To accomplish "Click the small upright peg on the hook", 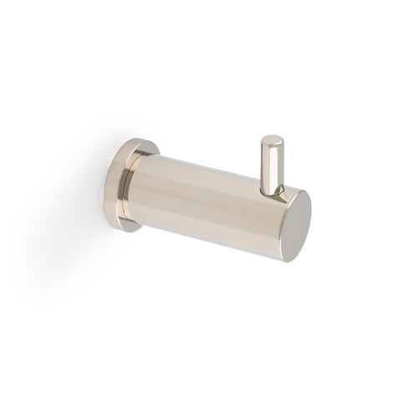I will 272,165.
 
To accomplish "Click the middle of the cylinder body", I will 209,197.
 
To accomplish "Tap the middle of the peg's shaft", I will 272,167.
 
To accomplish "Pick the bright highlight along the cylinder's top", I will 209,167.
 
